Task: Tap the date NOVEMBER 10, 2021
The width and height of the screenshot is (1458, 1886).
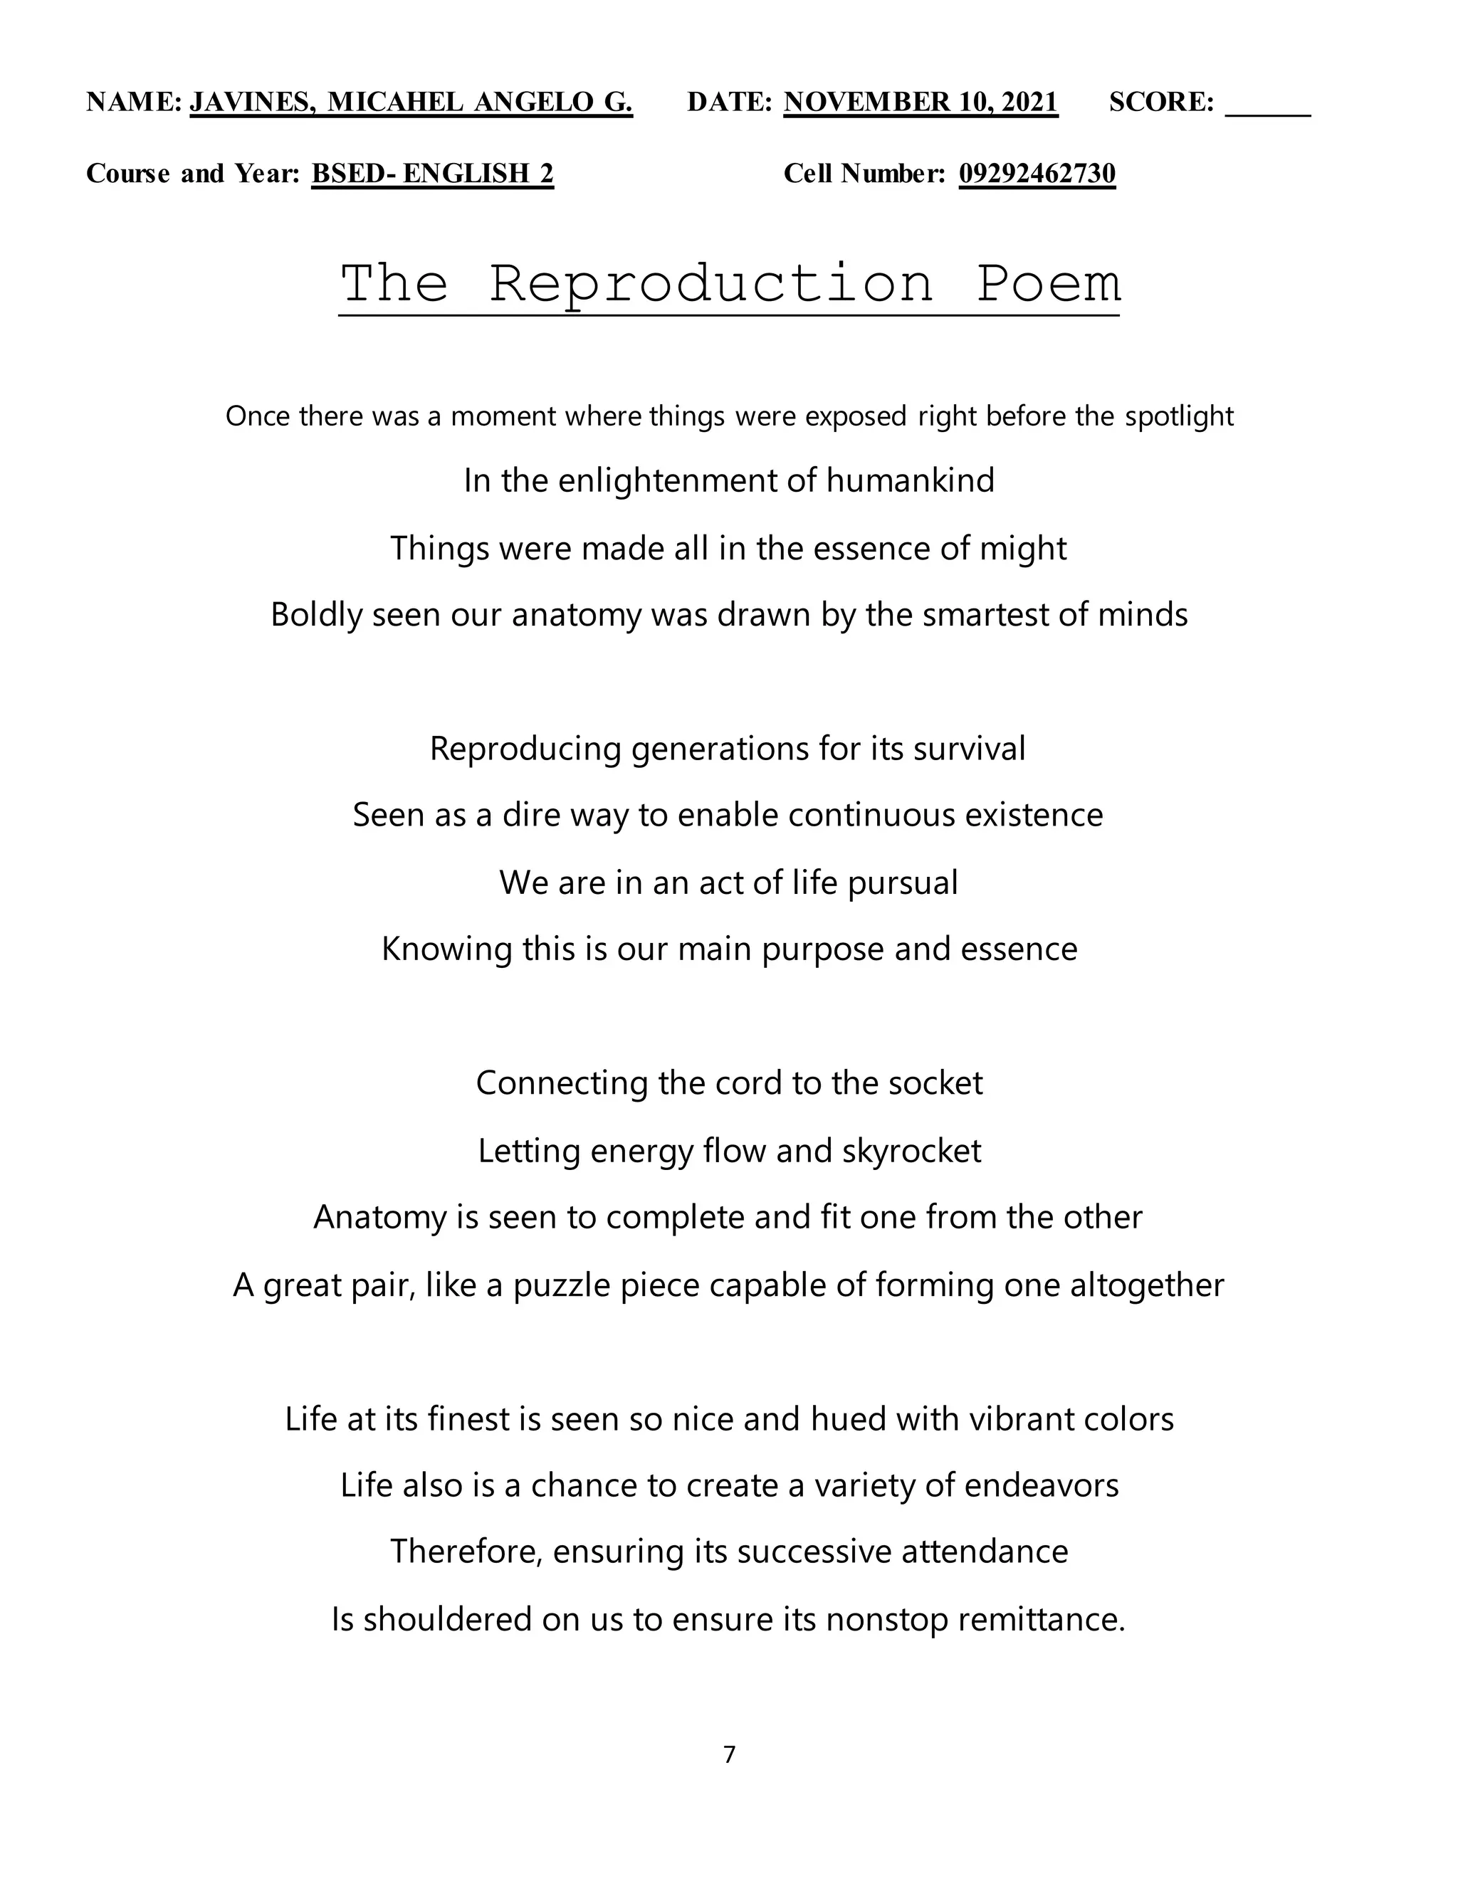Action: (x=920, y=102)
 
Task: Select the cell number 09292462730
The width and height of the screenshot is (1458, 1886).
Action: (x=1037, y=174)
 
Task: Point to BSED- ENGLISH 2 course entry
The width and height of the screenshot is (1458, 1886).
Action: (x=432, y=174)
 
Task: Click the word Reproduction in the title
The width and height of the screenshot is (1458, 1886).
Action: (x=712, y=283)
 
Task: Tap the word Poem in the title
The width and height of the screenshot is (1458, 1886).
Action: (x=1048, y=283)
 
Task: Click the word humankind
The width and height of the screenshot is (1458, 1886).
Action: (x=910, y=480)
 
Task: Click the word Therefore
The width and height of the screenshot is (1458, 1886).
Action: (x=466, y=1551)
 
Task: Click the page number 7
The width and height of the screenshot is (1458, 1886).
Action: (x=729, y=1755)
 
